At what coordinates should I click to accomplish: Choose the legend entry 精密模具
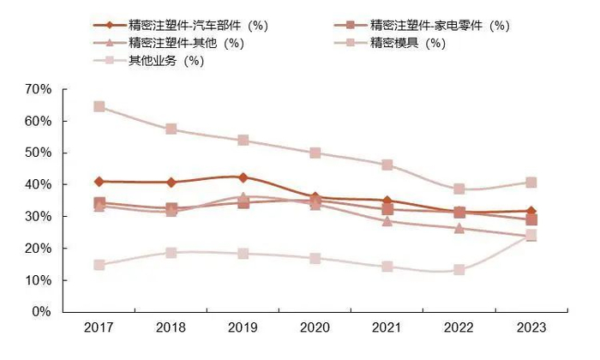[x=403, y=43]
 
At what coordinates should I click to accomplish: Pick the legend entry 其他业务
[x=159, y=60]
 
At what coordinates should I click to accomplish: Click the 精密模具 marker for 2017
[x=99, y=107]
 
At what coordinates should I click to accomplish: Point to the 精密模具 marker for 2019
[x=243, y=141]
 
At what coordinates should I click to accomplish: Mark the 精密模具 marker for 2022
[x=459, y=189]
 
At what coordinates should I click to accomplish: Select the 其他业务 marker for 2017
[x=99, y=266]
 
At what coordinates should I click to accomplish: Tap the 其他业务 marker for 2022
[x=459, y=270]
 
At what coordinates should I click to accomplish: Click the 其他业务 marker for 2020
[x=315, y=258]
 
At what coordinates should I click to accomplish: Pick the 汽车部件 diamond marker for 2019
[x=243, y=177]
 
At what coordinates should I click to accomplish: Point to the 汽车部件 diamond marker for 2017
[x=99, y=182]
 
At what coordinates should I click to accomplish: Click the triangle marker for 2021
[x=387, y=221]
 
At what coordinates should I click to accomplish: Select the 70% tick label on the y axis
[x=39, y=89]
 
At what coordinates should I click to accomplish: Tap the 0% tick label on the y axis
[x=43, y=312]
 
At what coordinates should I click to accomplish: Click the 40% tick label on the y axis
[x=39, y=184]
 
